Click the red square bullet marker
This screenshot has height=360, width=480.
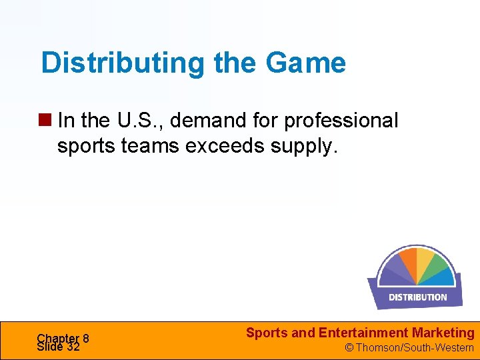click(x=47, y=121)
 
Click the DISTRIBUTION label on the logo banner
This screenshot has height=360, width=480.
click(x=418, y=297)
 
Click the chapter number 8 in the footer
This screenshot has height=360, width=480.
click(x=86, y=338)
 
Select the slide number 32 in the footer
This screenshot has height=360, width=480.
click(x=73, y=347)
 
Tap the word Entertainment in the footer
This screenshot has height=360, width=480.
click(x=363, y=333)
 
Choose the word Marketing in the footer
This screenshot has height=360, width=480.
click(x=443, y=333)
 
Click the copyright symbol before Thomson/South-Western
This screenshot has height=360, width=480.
click(x=348, y=348)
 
